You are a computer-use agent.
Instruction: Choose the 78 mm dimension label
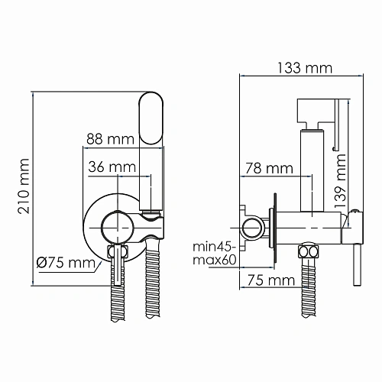(267, 167)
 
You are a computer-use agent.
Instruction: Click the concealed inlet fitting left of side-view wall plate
(248, 226)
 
